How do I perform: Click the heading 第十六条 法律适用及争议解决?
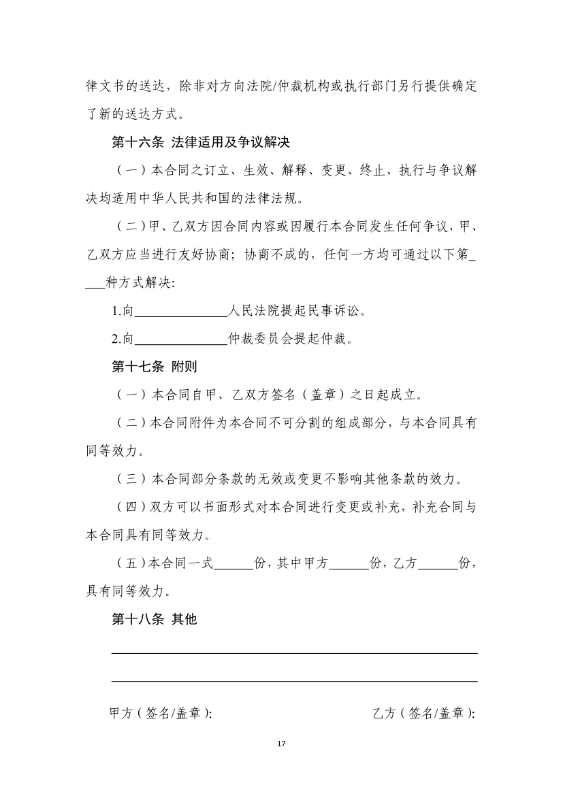202,143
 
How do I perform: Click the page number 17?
281,742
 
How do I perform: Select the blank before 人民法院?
180,313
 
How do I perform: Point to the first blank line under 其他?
294,652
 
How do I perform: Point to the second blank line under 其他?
294,680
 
